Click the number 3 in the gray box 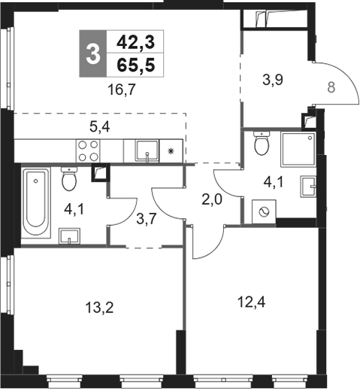pos(92,54)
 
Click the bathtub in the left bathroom pos(34,202)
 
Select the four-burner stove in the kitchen pos(89,151)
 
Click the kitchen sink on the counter pos(147,151)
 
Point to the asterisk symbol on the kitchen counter pos(171,152)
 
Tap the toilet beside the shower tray pos(262,143)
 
